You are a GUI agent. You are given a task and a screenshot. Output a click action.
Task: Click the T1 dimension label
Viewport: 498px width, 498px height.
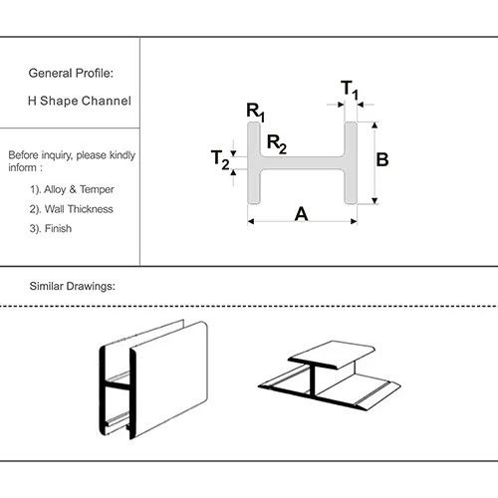tap(350, 90)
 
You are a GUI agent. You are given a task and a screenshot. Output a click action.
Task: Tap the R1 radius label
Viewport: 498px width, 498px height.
tap(255, 112)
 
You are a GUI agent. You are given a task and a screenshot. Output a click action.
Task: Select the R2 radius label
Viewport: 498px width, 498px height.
tap(277, 144)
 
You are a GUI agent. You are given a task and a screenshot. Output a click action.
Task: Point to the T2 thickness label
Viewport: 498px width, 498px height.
tap(220, 159)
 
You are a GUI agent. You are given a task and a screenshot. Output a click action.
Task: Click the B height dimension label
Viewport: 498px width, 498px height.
tap(382, 159)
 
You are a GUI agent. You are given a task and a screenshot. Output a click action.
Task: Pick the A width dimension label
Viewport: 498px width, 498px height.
tap(301, 214)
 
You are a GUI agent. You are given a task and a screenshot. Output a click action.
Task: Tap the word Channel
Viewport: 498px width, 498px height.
tap(109, 101)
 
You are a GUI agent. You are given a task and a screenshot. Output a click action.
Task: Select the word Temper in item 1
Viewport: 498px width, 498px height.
tap(97, 189)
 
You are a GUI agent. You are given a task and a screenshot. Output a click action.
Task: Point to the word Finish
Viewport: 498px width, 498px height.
tap(58, 228)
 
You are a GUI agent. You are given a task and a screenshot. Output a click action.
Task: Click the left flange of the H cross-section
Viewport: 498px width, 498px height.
tap(254, 163)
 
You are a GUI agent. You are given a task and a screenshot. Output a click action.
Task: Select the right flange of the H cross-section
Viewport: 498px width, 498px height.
tap(351, 163)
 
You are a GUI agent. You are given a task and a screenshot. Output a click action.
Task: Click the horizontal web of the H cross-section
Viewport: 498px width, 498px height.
tap(302, 163)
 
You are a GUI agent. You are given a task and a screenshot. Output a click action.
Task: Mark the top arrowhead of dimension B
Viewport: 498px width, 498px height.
tap(374, 125)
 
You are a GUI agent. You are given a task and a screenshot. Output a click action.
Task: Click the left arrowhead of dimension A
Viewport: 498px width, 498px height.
tap(251, 221)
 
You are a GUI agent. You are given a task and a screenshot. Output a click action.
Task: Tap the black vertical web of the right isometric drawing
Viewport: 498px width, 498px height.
tap(313, 380)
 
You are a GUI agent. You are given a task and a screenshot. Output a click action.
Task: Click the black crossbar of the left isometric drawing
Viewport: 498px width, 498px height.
tap(118, 386)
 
